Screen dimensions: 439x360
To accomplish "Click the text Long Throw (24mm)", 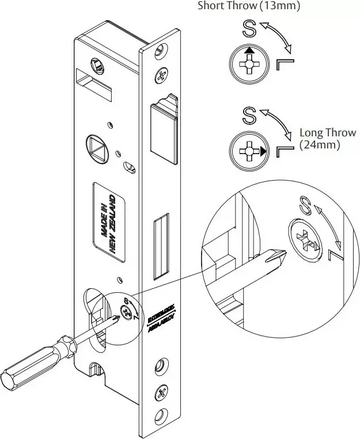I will click(x=320, y=138).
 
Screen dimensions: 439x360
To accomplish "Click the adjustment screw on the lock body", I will click(x=124, y=312).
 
